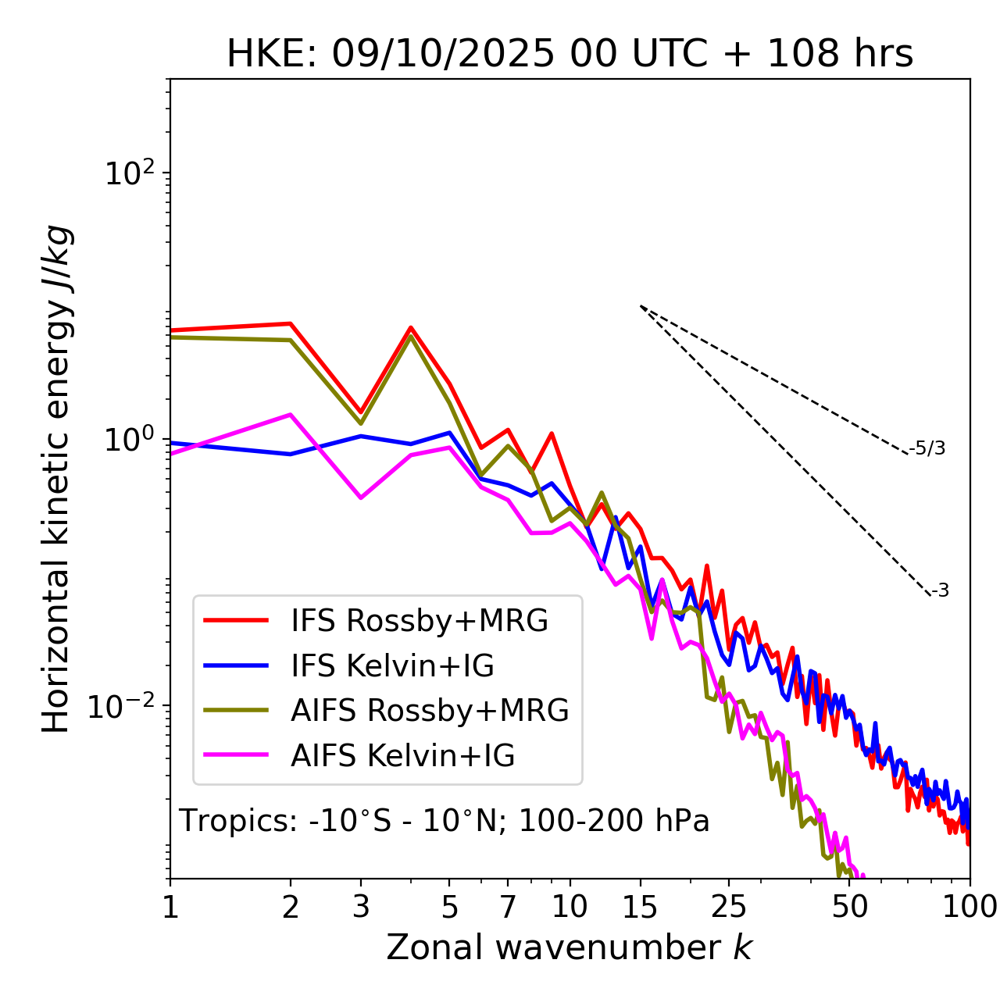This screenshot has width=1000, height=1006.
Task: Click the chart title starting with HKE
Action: pyautogui.click(x=570, y=54)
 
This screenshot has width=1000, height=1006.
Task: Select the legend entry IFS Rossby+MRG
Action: pyautogui.click(x=420, y=620)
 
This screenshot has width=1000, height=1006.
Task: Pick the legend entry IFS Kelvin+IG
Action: pyautogui.click(x=392, y=665)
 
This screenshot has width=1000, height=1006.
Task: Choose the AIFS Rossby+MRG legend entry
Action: pyautogui.click(x=430, y=710)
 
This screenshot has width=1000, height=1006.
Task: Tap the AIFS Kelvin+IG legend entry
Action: pyautogui.click(x=402, y=755)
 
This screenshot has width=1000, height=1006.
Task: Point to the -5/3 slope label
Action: pyautogui.click(x=927, y=448)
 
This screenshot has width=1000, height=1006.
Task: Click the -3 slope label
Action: pyautogui.click(x=940, y=590)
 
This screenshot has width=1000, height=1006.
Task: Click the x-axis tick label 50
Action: pyautogui.click(x=850, y=907)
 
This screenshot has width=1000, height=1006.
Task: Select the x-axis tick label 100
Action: pyautogui.click(x=970, y=907)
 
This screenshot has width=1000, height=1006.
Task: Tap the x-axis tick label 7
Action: pyautogui.click(x=508, y=907)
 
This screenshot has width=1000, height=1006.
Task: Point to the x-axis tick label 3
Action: pyautogui.click(x=361, y=907)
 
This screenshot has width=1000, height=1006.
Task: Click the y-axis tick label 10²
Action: pyautogui.click(x=130, y=173)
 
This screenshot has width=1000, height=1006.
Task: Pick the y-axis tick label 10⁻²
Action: pyautogui.click(x=125, y=706)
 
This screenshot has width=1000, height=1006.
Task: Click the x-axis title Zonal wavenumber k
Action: pyautogui.click(x=570, y=947)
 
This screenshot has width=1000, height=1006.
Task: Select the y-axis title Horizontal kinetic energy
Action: pyautogui.click(x=56, y=479)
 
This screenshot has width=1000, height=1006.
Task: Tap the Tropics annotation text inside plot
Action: pyautogui.click(x=445, y=821)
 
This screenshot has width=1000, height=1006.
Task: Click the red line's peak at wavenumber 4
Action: pyautogui.click(x=411, y=328)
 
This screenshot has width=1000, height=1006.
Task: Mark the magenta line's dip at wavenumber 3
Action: pyautogui.click(x=361, y=498)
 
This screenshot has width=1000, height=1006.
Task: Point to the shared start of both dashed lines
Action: pyautogui.click(x=641, y=306)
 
